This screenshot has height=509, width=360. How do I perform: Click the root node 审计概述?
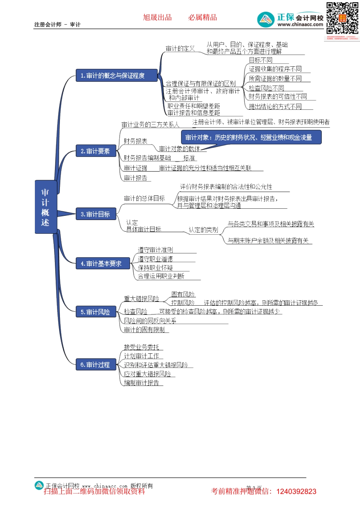(x=45, y=207)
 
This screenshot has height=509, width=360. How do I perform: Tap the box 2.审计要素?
(x=95, y=151)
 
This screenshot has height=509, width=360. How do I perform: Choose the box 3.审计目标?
(x=95, y=214)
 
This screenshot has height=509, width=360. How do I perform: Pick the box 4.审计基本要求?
(x=103, y=264)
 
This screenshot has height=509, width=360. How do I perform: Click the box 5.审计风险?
(x=95, y=312)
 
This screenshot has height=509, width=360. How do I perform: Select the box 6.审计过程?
(x=95, y=365)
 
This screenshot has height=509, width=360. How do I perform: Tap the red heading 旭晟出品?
(x=157, y=17)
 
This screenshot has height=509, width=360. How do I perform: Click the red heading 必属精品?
(x=203, y=17)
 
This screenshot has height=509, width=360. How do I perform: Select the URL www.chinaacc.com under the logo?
(x=300, y=25)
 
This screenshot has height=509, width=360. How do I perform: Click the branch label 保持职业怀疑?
(x=155, y=268)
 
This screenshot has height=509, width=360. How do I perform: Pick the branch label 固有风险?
(x=183, y=294)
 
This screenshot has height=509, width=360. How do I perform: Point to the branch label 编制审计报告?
(x=142, y=383)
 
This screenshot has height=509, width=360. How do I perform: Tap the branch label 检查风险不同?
(x=266, y=88)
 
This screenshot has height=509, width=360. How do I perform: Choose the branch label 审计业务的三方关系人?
(x=150, y=125)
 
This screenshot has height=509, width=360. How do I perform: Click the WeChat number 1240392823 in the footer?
(x=296, y=492)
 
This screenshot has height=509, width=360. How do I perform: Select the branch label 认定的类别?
(x=203, y=230)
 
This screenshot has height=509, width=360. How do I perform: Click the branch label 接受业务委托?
(x=142, y=347)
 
